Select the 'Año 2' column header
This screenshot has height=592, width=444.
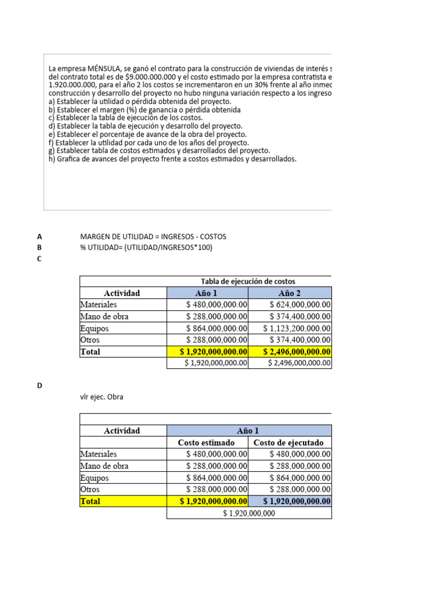(290, 293)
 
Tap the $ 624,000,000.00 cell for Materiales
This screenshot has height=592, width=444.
(300, 305)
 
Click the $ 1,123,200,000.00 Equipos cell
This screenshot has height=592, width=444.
(297, 328)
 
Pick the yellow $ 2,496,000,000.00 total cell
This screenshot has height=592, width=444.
(297, 351)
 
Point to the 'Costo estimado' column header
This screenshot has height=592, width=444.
(206, 443)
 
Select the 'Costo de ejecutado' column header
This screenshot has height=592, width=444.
(288, 443)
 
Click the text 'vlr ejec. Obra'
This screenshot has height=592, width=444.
(102, 397)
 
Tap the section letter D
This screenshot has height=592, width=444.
(39, 386)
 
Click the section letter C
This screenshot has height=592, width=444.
(39, 259)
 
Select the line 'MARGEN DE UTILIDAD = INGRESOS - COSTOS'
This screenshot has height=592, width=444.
(153, 236)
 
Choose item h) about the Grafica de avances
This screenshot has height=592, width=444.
(172, 159)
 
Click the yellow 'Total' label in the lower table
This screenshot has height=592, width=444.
(90, 501)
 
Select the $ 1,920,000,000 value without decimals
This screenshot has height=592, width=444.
(249, 513)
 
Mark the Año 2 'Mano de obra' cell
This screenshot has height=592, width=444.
(300, 316)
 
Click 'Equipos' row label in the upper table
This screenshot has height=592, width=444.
(95, 328)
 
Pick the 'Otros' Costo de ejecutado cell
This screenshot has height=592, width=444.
(300, 489)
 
